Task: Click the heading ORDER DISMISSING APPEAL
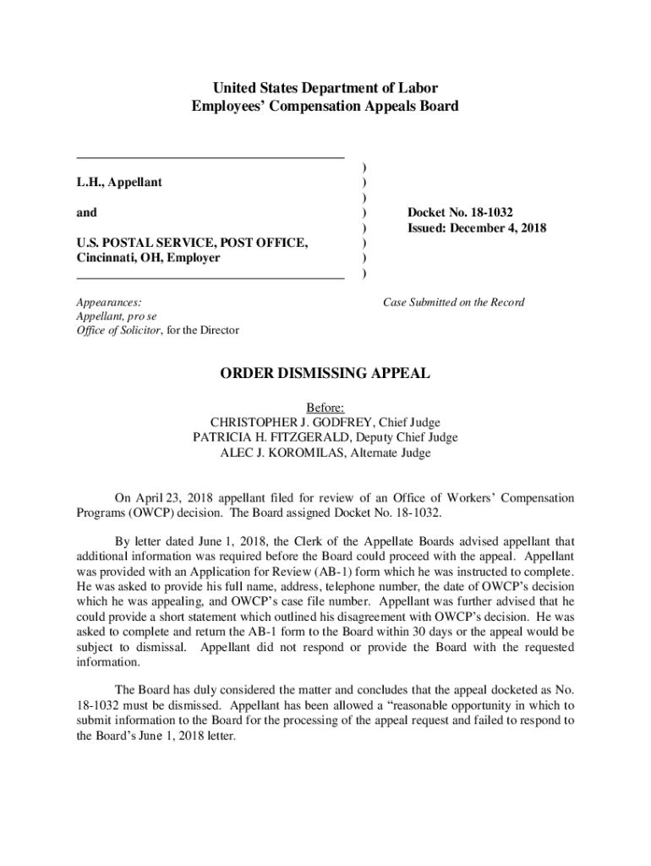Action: click(x=325, y=373)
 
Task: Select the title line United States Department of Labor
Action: click(x=325, y=88)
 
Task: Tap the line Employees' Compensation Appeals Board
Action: click(x=325, y=106)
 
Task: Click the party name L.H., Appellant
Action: click(x=119, y=182)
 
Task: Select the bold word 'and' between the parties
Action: click(x=86, y=212)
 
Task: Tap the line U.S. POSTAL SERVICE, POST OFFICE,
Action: click(x=192, y=243)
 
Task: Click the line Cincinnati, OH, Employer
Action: click(x=148, y=258)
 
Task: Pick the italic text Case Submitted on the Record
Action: click(x=454, y=302)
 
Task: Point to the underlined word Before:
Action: click(x=325, y=408)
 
